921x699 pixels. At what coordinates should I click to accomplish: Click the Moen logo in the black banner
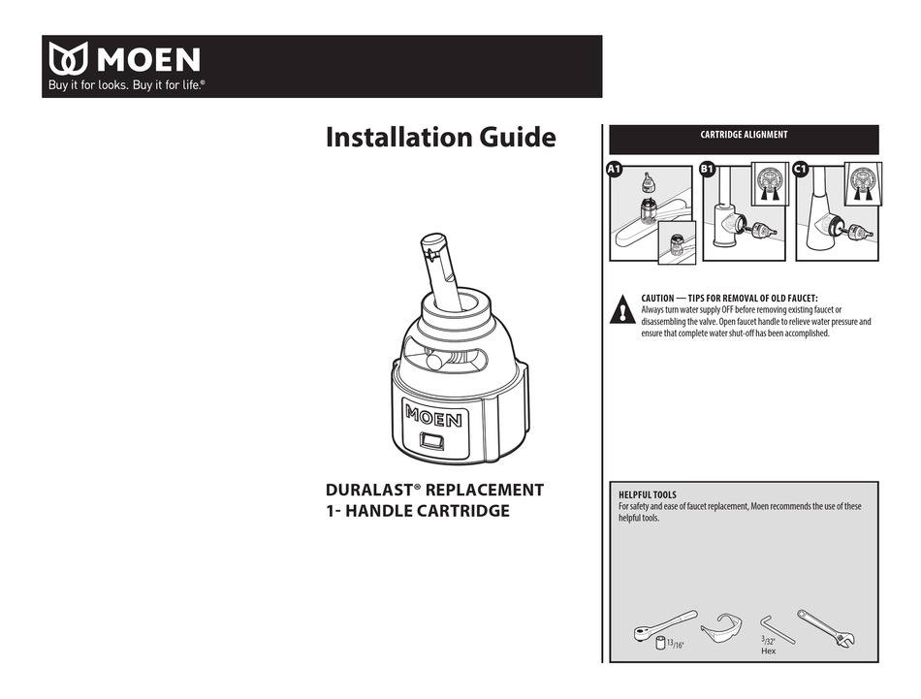124,60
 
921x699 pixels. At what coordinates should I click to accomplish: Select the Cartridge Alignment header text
744,136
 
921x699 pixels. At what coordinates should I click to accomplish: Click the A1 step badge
613,170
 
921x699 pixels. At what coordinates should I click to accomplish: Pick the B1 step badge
707,170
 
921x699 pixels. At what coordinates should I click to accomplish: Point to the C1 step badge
801,170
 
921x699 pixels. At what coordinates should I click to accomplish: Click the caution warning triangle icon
621,309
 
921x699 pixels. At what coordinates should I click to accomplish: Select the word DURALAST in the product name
372,490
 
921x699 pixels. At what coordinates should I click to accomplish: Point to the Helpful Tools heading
648,495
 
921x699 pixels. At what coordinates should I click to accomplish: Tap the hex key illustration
777,626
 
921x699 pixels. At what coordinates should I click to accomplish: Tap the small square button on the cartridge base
432,444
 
